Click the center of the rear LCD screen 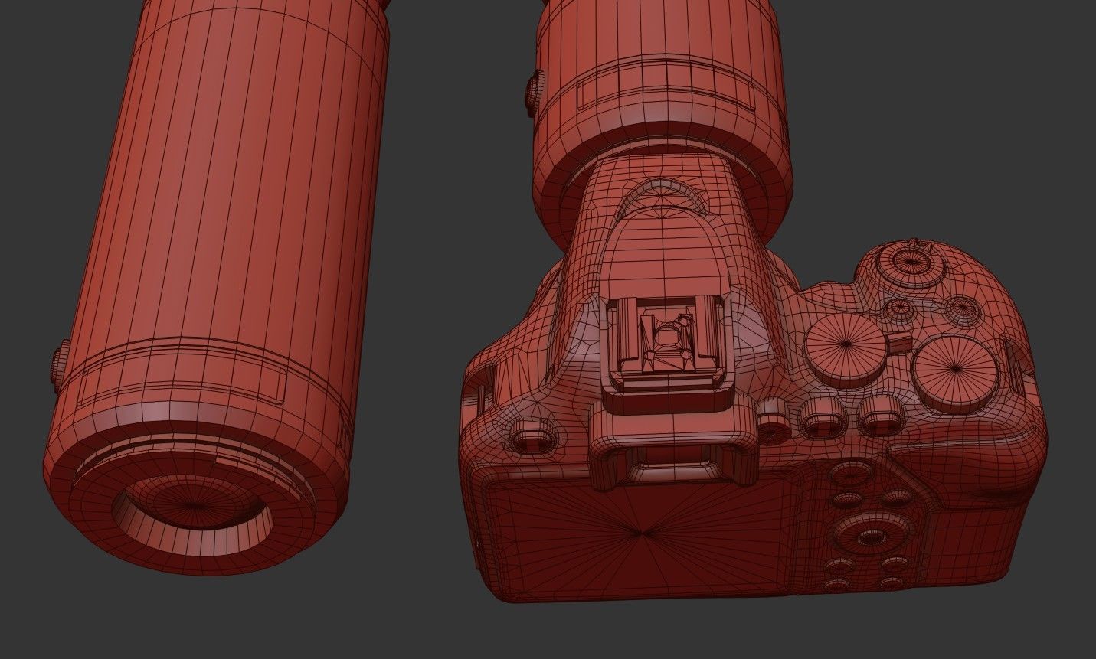click(x=643, y=528)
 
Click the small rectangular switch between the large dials click(x=901, y=341)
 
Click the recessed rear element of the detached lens click(x=193, y=508)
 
